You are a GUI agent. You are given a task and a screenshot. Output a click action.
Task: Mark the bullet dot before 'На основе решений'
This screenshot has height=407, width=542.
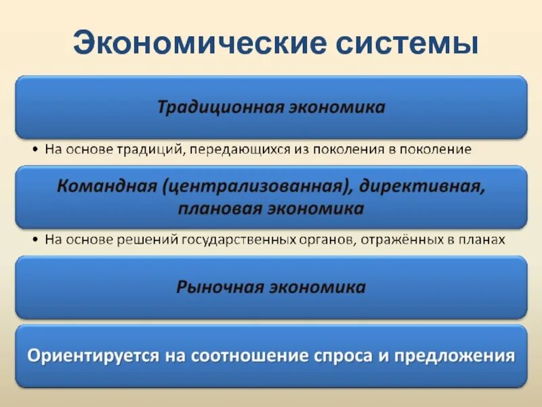35,240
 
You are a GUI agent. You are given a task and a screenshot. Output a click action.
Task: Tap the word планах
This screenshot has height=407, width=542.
480,240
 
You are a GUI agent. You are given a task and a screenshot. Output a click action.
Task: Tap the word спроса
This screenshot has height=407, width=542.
348,356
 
